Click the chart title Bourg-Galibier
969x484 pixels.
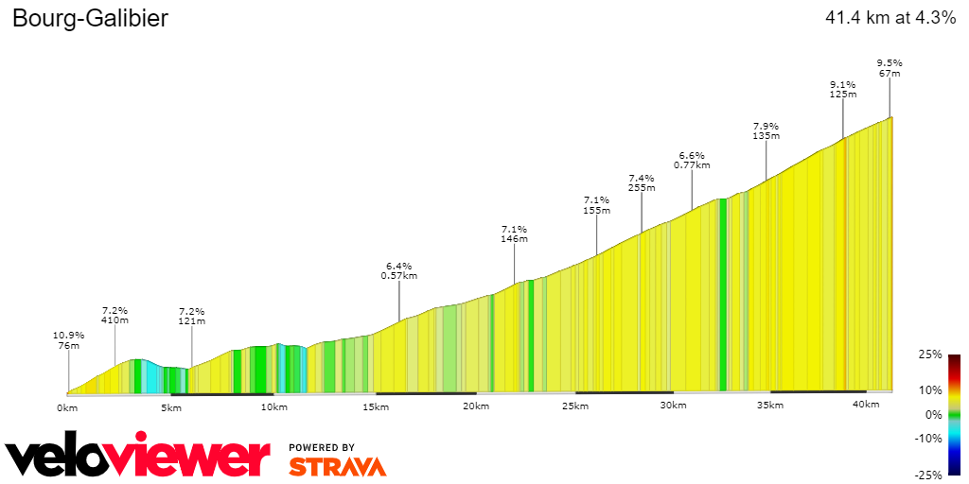click(90, 19)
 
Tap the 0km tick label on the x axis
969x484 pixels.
click(66, 407)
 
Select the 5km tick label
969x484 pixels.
click(171, 407)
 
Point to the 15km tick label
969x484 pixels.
click(376, 407)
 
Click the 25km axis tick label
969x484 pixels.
click(574, 406)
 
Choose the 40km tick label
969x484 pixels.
click(866, 405)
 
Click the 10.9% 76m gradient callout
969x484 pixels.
click(68, 340)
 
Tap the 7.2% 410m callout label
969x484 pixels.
click(115, 315)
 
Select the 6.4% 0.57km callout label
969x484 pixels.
click(398, 270)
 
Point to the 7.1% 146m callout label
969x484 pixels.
click(514, 233)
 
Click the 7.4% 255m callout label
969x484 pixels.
click(642, 182)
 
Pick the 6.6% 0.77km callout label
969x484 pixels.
click(692, 160)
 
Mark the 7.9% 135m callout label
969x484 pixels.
click(766, 130)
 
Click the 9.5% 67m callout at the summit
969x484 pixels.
click(889, 68)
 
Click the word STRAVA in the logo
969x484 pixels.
click(337, 466)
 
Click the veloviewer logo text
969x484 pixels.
click(137, 458)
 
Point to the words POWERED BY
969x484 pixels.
click(322, 447)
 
